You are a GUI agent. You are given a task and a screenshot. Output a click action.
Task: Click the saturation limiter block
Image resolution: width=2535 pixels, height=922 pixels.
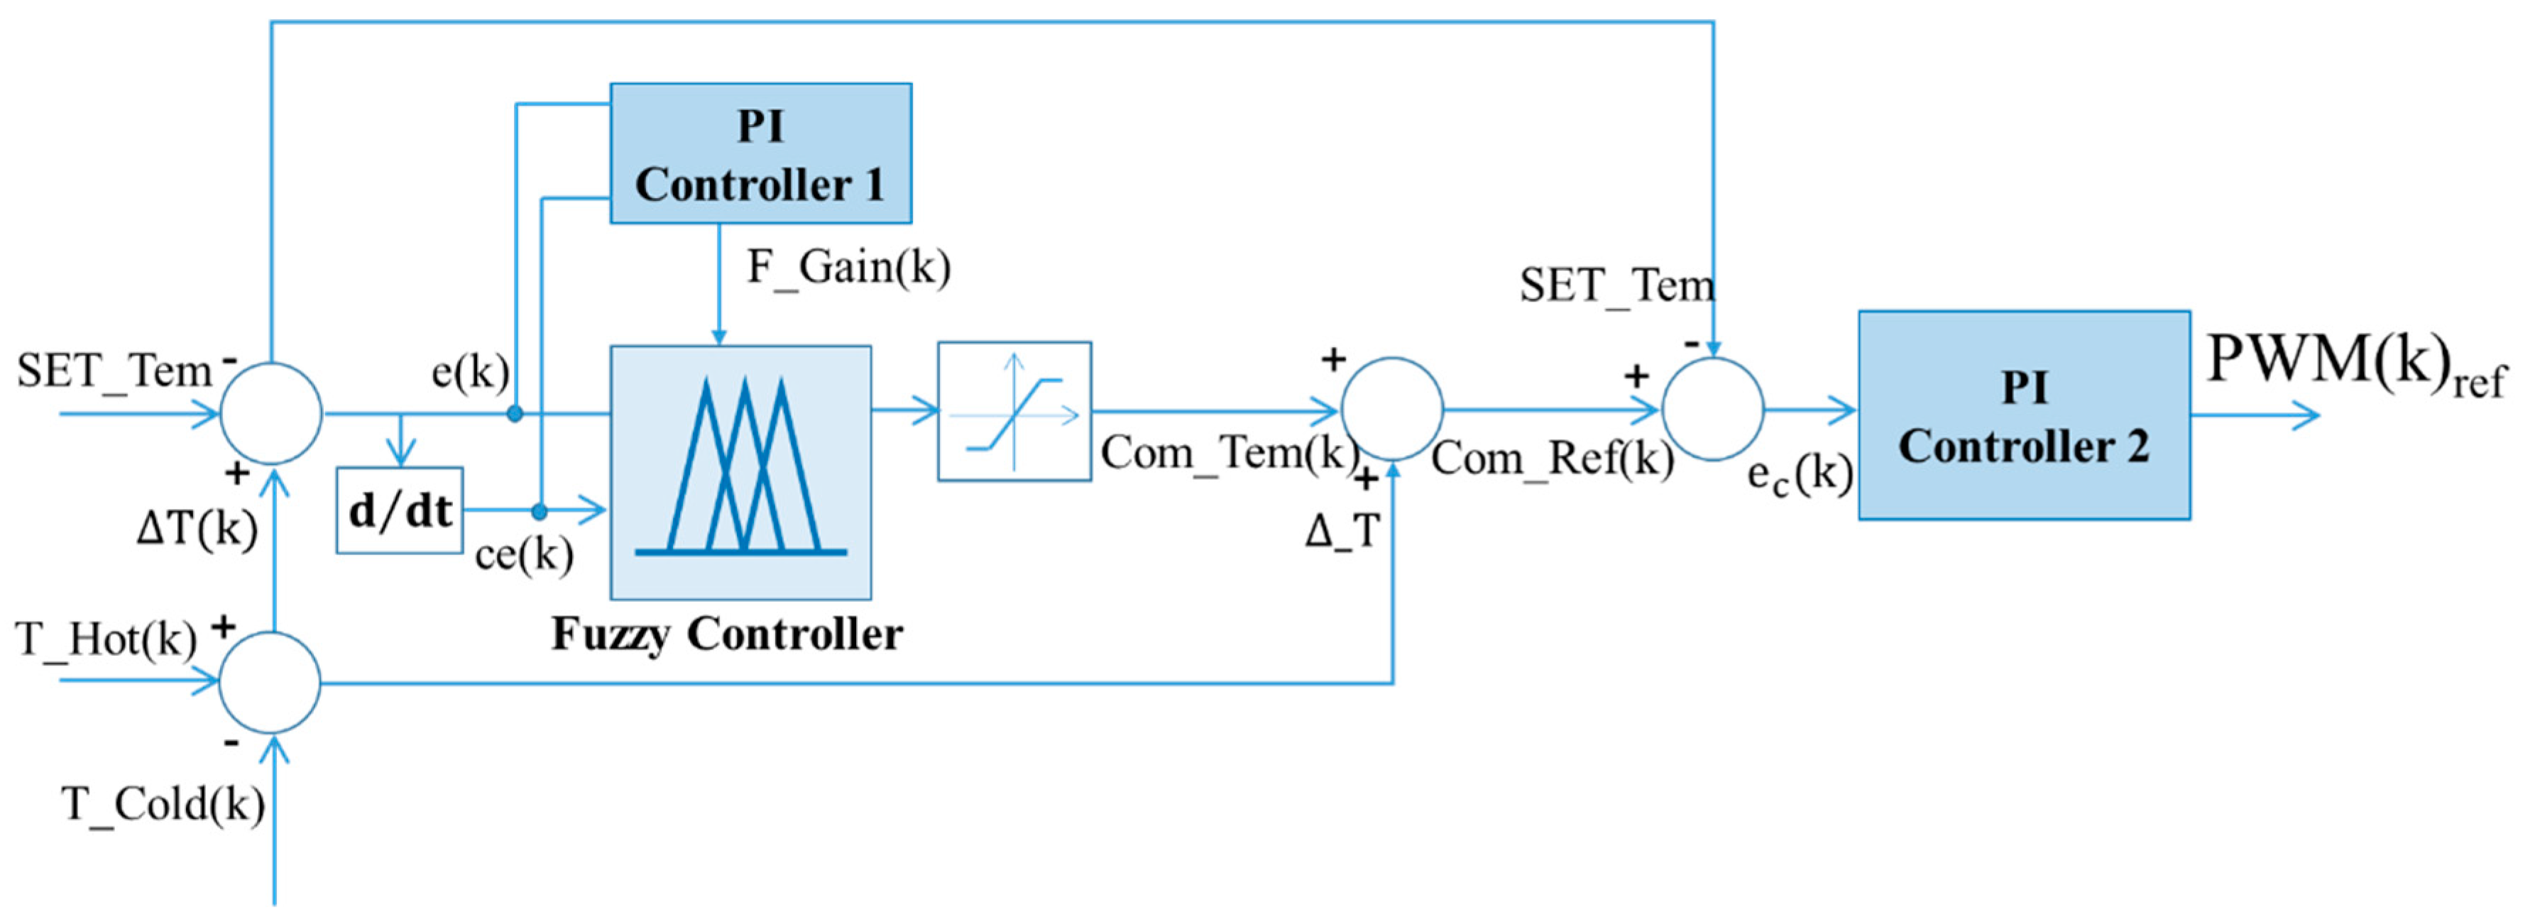[1014, 411]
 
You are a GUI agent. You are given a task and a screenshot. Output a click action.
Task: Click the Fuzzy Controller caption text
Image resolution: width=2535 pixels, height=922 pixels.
[726, 634]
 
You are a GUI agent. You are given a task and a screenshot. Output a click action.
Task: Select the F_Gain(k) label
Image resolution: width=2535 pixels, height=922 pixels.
[848, 267]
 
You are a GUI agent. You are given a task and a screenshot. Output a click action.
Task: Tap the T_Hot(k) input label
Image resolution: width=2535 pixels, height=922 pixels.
[106, 640]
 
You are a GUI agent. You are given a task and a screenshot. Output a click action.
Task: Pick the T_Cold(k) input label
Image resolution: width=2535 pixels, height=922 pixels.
[163, 804]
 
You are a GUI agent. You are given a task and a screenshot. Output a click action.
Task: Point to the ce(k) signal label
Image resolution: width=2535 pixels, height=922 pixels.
[523, 554]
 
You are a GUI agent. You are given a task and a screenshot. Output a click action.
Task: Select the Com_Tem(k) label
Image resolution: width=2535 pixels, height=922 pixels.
[1228, 453]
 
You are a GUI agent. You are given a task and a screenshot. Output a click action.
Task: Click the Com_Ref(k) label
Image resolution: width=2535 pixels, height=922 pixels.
[1552, 458]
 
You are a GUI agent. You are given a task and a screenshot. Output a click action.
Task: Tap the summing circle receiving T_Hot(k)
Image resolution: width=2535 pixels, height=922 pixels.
[270, 682]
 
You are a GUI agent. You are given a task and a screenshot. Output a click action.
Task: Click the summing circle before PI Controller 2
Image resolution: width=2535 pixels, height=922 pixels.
[1712, 410]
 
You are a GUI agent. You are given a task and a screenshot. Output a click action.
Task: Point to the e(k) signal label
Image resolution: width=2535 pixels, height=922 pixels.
[471, 372]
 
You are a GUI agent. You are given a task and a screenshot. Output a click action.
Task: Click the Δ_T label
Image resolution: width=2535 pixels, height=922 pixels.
[1342, 532]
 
